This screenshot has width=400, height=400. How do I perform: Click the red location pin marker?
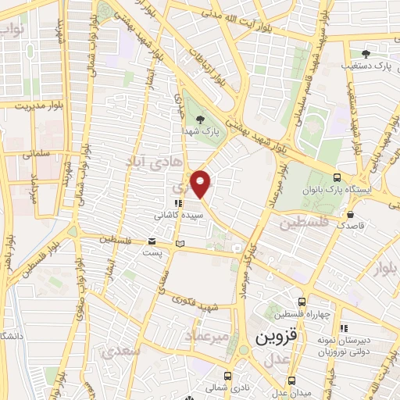tap(201, 184)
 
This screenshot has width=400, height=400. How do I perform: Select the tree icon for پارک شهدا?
tap(202, 120)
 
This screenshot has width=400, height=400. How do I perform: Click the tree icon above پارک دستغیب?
tap(366, 53)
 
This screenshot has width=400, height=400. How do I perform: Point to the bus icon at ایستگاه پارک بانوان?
tap(337, 177)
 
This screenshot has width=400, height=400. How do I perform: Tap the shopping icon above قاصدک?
tap(351, 212)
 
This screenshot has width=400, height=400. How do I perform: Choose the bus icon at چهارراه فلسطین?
tap(302, 301)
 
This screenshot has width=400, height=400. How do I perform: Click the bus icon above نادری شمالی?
tap(228, 375)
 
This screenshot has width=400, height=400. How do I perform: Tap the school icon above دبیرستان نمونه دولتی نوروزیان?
tap(345, 328)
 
